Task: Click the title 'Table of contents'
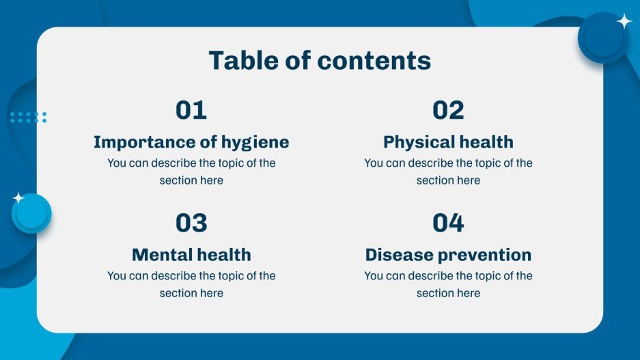pos(320,61)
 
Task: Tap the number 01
pos(191,110)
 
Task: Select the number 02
pos(448,110)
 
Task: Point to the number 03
pos(191,223)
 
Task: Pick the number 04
pos(448,223)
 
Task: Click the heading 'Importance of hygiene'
pos(191,142)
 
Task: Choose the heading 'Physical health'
pos(448,142)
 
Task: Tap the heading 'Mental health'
pos(191,255)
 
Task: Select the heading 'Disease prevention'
pos(448,255)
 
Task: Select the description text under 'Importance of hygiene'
pos(191,171)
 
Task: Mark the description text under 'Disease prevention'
pos(448,284)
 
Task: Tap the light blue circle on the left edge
pos(31,214)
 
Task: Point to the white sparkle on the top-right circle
pos(624,21)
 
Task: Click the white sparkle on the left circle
pos(18,198)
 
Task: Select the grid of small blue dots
pos(28,117)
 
